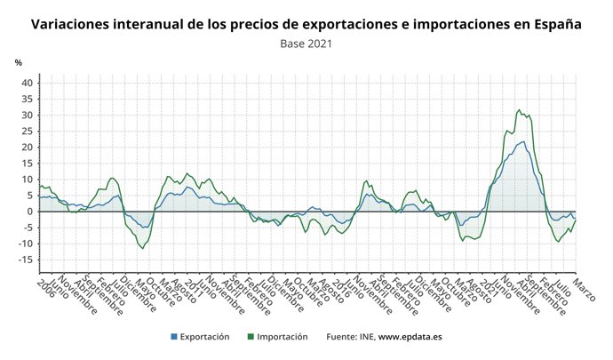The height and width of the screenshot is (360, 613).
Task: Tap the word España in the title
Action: [557, 24]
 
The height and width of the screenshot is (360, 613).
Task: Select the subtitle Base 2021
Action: [307, 43]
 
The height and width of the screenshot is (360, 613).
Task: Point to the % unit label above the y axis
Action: [18, 63]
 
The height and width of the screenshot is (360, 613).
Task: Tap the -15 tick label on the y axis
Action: [25, 260]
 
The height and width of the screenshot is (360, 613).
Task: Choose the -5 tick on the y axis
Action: [27, 228]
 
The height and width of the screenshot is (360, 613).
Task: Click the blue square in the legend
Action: [175, 338]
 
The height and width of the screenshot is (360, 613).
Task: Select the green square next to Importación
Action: [252, 338]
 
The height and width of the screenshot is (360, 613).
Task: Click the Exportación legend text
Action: [205, 338]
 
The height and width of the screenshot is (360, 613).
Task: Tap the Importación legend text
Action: [283, 338]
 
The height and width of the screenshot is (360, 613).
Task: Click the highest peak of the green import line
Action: [519, 110]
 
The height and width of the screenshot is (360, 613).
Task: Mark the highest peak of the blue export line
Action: [523, 141]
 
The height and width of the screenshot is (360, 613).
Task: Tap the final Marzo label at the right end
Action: [583, 290]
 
